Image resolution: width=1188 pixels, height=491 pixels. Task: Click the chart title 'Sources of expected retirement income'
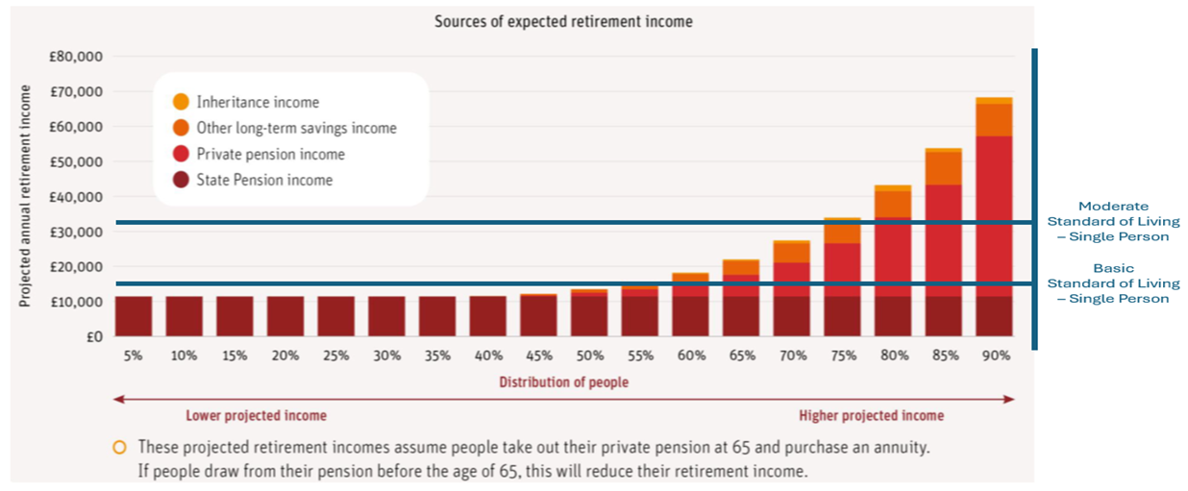pyautogui.click(x=563, y=21)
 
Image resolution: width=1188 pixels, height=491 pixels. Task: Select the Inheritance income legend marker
pyautogui.click(x=181, y=101)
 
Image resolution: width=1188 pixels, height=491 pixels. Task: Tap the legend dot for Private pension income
pyautogui.click(x=181, y=154)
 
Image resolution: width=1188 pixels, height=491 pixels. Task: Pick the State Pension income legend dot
pyautogui.click(x=181, y=180)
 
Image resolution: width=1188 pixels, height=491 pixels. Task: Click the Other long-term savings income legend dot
pyautogui.click(x=181, y=128)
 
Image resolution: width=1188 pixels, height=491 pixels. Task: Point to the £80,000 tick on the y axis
pyautogui.click(x=76, y=56)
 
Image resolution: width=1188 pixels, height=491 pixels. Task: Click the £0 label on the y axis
pyautogui.click(x=94, y=336)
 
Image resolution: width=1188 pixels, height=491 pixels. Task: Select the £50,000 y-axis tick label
pyautogui.click(x=76, y=161)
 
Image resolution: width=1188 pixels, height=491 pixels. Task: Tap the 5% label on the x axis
pyautogui.click(x=133, y=356)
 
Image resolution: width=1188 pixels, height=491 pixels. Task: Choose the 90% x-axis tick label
pyautogui.click(x=996, y=356)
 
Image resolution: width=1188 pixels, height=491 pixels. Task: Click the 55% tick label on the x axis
pyautogui.click(x=641, y=356)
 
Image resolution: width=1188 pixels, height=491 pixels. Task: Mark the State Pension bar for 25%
pyautogui.click(x=336, y=316)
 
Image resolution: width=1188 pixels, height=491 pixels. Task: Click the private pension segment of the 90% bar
pyautogui.click(x=994, y=216)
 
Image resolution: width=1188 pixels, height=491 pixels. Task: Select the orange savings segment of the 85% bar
pyautogui.click(x=944, y=168)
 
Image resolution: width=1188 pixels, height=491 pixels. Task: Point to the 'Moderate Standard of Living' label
pyautogui.click(x=1113, y=221)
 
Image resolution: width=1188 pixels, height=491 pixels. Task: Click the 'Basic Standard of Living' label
pyautogui.click(x=1113, y=283)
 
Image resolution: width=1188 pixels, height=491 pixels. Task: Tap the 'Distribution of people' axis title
pyautogui.click(x=563, y=381)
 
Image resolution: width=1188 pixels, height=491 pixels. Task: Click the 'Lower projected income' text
pyautogui.click(x=257, y=415)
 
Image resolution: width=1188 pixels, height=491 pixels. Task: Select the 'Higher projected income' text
pyautogui.click(x=872, y=415)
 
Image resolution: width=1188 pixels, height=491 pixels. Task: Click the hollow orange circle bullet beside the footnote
pyautogui.click(x=120, y=448)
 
